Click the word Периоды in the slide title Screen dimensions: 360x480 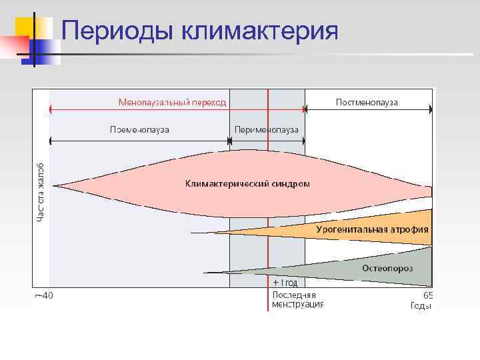coord(115,31)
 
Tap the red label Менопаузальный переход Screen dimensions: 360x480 coord(172,102)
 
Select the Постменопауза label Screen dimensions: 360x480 coord(367,102)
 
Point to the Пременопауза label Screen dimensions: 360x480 coord(139,129)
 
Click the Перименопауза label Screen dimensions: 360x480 coord(267,129)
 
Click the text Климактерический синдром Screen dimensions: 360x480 coord(247,183)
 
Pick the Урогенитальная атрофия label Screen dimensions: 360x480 coord(372,229)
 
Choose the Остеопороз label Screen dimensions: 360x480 coord(387,268)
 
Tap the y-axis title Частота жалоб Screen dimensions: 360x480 coord(41,191)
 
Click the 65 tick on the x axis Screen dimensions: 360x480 coord(428,295)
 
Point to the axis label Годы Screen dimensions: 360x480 coord(421,306)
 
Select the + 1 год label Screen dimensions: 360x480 coord(285,283)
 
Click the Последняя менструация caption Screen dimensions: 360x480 coord(297,299)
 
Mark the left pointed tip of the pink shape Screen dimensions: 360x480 coord(54,185)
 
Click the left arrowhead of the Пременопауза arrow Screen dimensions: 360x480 coord(51,140)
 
